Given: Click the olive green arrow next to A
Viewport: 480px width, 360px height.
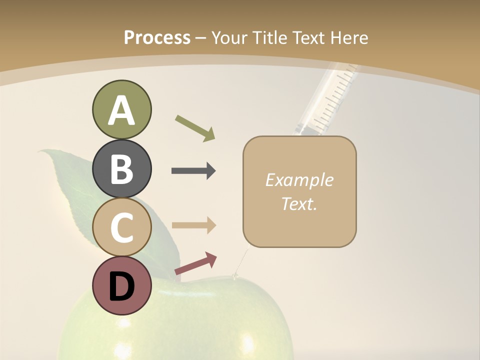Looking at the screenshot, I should click(195, 127).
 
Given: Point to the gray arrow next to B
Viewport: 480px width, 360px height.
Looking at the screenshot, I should click(193, 171).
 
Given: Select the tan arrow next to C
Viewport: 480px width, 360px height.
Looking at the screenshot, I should click(193, 225).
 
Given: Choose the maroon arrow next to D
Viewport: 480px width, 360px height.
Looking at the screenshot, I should click(195, 263).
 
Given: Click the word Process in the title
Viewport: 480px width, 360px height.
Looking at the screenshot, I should click(157, 37).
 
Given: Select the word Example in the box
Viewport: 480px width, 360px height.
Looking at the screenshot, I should click(299, 180).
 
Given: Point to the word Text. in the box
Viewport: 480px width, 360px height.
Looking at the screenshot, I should click(299, 203).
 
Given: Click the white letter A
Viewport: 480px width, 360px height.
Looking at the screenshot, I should click(121, 110).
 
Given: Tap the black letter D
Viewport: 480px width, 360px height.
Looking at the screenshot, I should click(121, 287).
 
